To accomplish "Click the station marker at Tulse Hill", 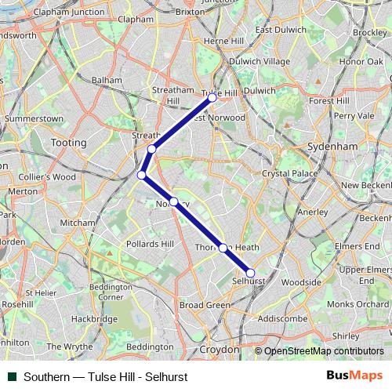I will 212,98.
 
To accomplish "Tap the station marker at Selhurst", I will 250,273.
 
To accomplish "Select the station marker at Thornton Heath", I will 223,248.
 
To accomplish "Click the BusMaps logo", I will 354,376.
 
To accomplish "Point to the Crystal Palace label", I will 286,172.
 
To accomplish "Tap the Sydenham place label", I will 333,146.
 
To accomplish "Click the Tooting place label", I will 68,143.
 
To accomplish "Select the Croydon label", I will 220,349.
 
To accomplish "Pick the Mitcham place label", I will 78,223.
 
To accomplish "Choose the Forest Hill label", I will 330,100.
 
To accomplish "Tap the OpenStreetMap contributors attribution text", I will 325,350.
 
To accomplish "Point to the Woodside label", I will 301,281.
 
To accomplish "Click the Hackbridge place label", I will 94,319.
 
